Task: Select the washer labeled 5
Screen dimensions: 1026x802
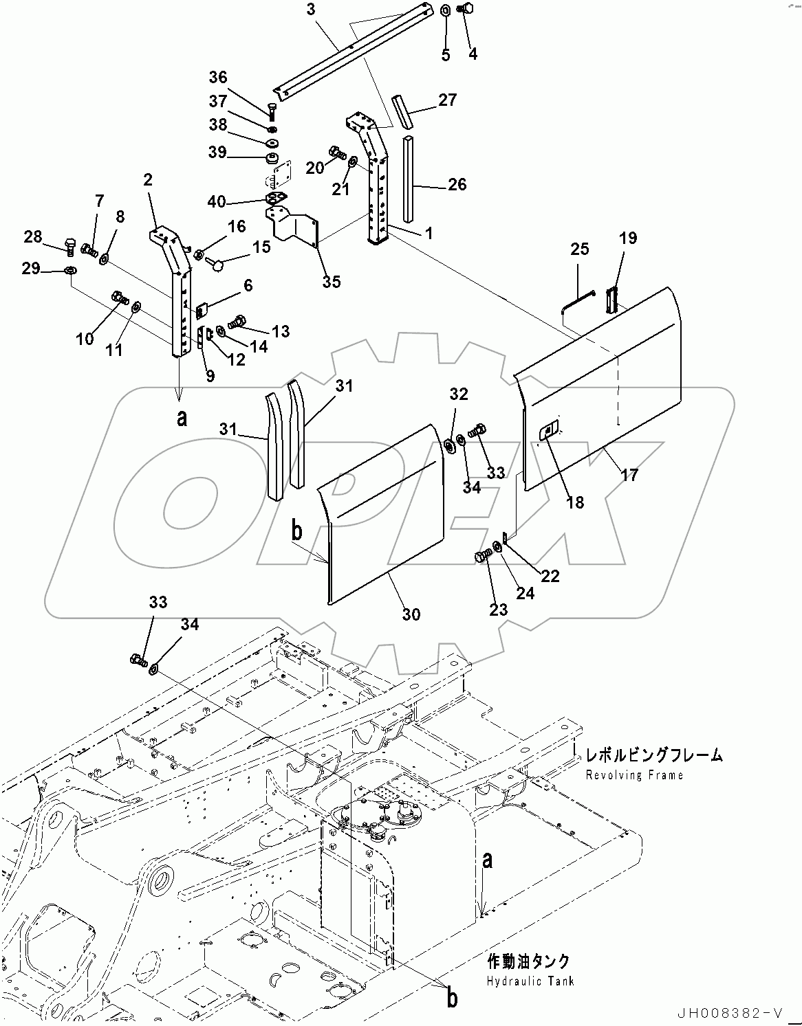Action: tap(445, 11)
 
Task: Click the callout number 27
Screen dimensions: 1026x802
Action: tap(447, 100)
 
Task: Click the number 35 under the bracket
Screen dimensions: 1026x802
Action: tap(332, 282)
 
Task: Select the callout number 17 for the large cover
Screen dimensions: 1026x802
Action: tap(629, 474)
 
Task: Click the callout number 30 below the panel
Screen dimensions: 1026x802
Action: tap(411, 614)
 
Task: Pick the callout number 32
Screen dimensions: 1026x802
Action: tap(459, 394)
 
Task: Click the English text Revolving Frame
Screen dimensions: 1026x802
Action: tap(634, 775)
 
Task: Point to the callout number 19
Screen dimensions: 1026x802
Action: tap(627, 238)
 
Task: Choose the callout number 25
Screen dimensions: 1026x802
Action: tap(580, 249)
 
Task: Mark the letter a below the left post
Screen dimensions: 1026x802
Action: tap(182, 417)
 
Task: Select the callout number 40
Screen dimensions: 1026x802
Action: tap(216, 201)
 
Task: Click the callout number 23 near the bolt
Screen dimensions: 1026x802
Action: tap(498, 609)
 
